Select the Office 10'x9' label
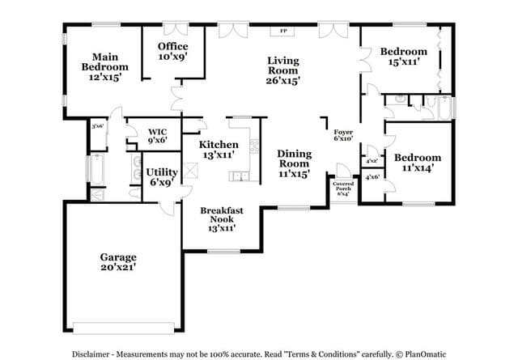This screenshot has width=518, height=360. tap(172, 52)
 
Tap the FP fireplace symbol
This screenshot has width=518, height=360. tap(283, 31)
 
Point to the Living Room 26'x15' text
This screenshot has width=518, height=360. tap(283, 70)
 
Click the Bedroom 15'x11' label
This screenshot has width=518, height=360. tap(403, 57)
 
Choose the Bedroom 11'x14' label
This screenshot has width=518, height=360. tap(418, 163)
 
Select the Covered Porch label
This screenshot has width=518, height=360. tap(343, 188)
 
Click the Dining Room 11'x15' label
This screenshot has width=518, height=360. tap(294, 163)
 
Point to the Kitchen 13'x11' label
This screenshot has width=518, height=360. tap(219, 149)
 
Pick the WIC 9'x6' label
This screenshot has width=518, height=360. tap(157, 135)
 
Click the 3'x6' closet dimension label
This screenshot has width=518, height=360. tap(97, 125)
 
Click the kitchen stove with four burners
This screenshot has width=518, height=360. tap(253, 146)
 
